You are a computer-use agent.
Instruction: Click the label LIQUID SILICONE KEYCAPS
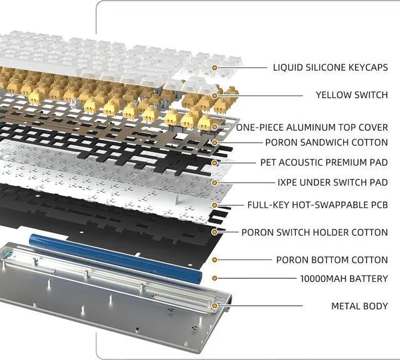tap(330, 67)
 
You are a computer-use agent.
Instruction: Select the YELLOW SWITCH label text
tap(351, 95)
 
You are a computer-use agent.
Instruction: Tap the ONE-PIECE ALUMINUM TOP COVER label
tap(311, 127)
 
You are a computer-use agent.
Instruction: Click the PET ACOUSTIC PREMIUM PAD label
tap(324, 162)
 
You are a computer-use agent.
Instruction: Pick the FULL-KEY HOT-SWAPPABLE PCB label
tap(317, 204)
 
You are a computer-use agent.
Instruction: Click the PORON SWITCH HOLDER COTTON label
tap(314, 232)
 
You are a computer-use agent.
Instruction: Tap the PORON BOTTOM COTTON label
tap(332, 259)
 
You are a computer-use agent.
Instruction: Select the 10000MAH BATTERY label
tap(344, 279)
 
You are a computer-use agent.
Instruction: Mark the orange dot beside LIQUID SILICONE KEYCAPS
tap(214, 67)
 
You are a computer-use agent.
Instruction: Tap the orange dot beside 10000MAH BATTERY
tap(214, 279)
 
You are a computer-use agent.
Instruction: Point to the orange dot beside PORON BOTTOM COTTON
tap(214, 259)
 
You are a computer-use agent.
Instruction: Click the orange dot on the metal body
tap(214, 306)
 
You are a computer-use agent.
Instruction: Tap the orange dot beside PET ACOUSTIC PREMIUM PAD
tap(214, 162)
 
